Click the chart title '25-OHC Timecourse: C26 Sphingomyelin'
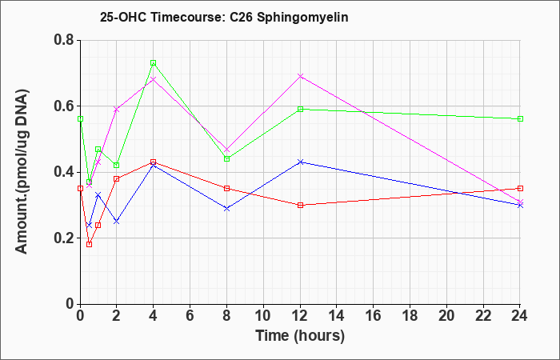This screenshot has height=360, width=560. point(224,17)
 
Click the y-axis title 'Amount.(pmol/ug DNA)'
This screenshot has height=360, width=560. point(22,171)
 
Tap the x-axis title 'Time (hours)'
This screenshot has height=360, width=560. point(300,336)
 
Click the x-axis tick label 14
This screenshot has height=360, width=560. point(337,316)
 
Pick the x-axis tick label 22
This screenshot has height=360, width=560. point(483,316)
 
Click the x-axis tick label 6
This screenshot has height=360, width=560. point(190,316)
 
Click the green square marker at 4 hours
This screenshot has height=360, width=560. point(154,63)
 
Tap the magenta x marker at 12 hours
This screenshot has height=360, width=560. point(300,76)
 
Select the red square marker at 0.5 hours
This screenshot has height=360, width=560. point(90,244)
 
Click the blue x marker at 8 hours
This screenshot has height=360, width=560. point(226,208)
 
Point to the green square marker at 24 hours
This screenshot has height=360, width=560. point(520,118)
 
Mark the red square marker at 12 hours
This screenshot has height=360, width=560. point(300,205)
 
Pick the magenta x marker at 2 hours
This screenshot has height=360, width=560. point(117,110)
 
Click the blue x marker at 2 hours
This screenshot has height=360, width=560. point(117,222)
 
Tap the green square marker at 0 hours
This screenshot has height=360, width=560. point(80,118)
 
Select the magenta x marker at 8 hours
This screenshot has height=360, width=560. point(226,149)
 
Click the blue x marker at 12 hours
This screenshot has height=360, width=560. point(300,162)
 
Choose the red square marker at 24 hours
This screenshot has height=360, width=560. point(520,188)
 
